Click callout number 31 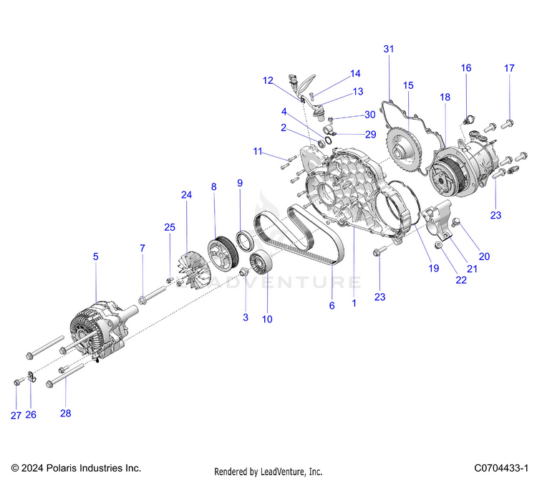(389, 49)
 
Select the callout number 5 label (96, 256)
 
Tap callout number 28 (66, 414)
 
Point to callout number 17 (509, 69)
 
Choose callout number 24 (187, 195)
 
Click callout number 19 (433, 269)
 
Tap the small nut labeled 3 (244, 272)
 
